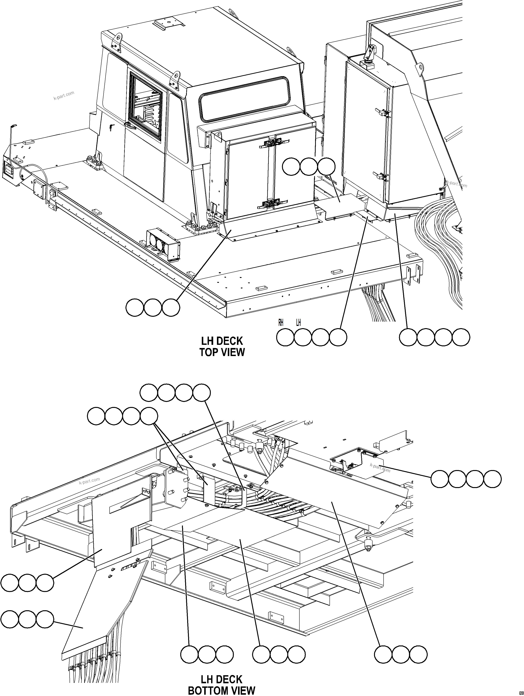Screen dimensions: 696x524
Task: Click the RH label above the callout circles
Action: pos(281,323)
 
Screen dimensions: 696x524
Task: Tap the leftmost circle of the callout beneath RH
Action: pos(285,337)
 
